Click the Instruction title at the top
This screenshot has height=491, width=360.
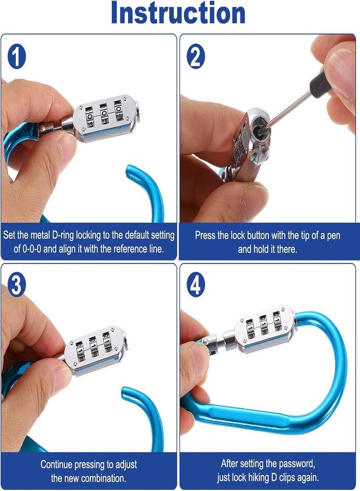pos(178,13)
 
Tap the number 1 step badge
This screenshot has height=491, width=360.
pos(16,56)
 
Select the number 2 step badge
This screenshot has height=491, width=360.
pos(196,56)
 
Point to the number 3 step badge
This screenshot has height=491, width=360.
pos(16,285)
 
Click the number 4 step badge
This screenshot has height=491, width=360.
pos(196,285)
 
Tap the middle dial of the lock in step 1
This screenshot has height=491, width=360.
pos(104,114)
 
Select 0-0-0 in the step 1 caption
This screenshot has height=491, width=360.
pos(32,249)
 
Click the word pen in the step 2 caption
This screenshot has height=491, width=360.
pos(333,236)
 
